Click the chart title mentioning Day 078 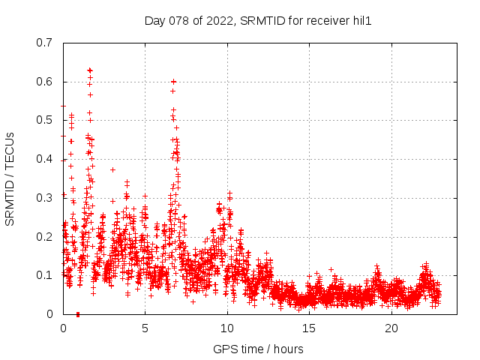[x=258, y=21]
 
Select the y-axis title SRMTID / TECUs [x=10, y=178]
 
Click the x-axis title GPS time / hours [x=258, y=349]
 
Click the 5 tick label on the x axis [x=145, y=328]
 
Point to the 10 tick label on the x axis [x=227, y=328]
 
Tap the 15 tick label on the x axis [x=310, y=328]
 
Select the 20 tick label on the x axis [x=391, y=328]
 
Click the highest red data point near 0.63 [x=90, y=70]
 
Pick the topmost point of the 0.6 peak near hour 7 [x=173, y=81]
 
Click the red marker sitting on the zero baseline [x=78, y=314]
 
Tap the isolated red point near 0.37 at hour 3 [x=112, y=169]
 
